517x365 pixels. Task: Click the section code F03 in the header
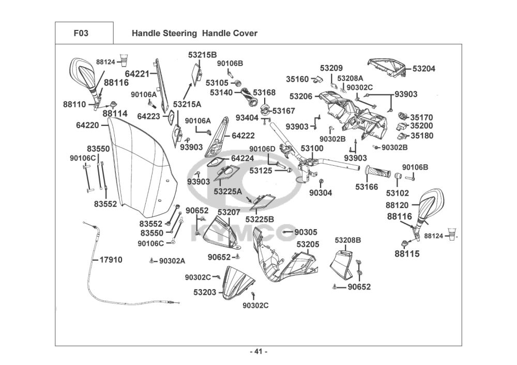pyautogui.click(x=81, y=34)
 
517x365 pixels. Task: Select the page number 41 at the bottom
pyautogui.click(x=258, y=352)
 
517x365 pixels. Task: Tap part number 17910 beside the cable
pyautogui.click(x=111, y=260)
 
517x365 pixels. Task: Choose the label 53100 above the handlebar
pyautogui.click(x=312, y=149)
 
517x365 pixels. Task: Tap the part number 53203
pyautogui.click(x=205, y=292)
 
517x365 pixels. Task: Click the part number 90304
pyautogui.click(x=321, y=193)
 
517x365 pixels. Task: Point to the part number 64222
pyautogui.click(x=243, y=136)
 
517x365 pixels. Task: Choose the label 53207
pyautogui.click(x=229, y=212)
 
